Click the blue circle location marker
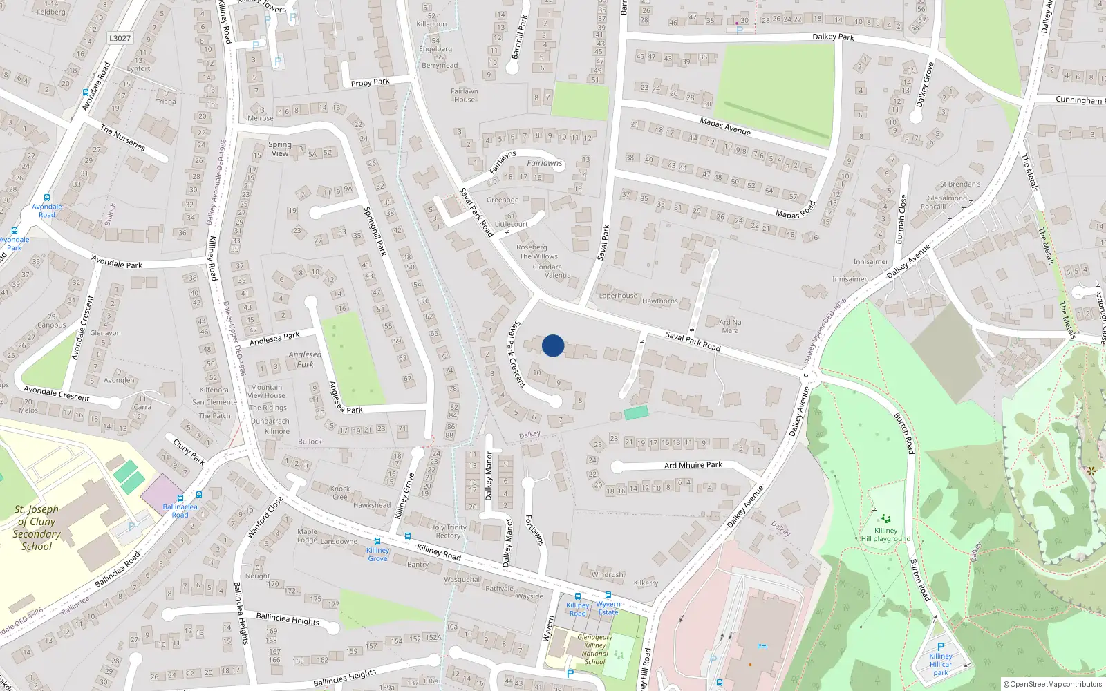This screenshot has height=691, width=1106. point(553,345)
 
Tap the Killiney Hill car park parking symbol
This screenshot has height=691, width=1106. point(940,647)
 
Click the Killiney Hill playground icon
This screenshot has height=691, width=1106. point(885,518)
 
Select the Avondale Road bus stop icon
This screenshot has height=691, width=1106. point(46,198)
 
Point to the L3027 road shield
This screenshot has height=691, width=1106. point(120,38)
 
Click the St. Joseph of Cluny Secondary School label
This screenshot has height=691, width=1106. point(37,527)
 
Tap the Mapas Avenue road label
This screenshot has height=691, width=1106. point(724,126)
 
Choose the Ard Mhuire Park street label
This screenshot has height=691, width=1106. point(693,465)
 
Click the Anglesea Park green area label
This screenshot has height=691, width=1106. point(305,359)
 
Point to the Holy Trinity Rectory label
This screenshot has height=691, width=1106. point(448,531)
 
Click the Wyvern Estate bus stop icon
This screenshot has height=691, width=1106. point(608,595)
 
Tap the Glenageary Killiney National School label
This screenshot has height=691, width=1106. point(594,650)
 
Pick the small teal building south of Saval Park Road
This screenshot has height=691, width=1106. point(636,413)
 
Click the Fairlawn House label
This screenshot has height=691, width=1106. point(465,95)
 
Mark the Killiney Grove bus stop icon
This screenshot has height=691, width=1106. point(377,541)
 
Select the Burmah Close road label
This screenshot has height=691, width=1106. point(901,219)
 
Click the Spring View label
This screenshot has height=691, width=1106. point(280,149)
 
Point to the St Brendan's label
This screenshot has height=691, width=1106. point(959,184)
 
